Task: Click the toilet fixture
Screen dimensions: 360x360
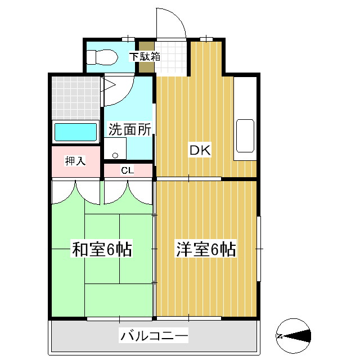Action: pos(101,56)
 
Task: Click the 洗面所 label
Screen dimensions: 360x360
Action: pos(130,129)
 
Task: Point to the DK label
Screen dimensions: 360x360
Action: pos(199,150)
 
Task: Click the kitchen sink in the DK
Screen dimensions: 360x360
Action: pos(245,136)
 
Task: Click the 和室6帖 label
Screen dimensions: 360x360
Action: pos(101,249)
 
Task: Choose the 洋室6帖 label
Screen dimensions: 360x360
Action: pos(205,249)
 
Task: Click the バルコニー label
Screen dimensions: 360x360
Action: pos(153,337)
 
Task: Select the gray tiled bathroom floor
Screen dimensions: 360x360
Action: pos(75,96)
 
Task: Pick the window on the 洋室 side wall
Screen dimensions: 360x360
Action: pos(259,232)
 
